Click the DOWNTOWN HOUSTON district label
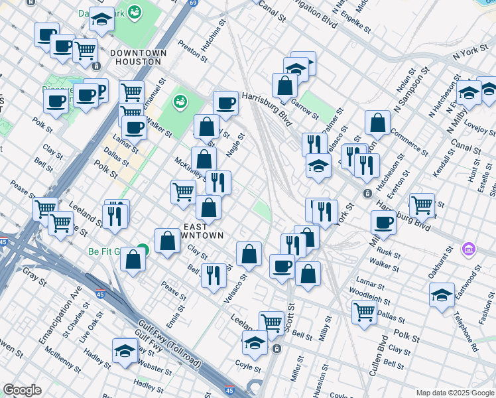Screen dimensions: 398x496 135,56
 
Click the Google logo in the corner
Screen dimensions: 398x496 22,390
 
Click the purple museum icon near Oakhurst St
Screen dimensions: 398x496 469,250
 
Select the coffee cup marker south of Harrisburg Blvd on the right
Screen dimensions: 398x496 383,222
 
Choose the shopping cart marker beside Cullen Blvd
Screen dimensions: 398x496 365,310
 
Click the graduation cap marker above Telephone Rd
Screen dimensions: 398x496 442,293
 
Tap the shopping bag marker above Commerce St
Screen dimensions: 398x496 377,122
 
